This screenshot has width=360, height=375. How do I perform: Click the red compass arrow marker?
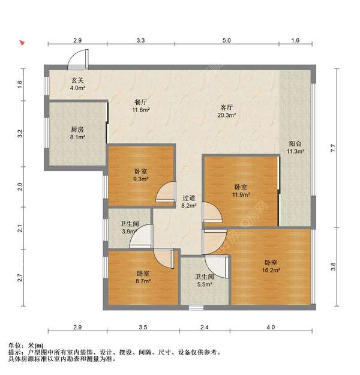22,43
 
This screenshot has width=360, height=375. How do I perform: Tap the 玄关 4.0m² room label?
78,84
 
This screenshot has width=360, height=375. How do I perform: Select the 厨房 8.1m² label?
78,133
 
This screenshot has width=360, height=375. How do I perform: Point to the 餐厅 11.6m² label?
141,106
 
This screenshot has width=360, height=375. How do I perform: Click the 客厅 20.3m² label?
227,111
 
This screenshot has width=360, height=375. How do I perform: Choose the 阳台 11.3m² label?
295,148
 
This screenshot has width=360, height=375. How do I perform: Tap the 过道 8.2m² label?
189,202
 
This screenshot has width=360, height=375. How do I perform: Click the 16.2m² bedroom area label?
271,266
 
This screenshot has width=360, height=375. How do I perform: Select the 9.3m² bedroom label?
141,175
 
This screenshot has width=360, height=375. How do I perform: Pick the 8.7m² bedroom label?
143,277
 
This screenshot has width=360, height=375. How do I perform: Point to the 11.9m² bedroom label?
241,191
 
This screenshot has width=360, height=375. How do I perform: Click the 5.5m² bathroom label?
205,281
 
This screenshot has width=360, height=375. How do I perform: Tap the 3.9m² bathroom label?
130,227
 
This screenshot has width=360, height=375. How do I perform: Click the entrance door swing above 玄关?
78,59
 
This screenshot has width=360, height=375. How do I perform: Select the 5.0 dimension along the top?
227,40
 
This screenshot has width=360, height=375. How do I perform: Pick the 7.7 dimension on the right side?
334,148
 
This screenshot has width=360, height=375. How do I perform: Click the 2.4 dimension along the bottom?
205,327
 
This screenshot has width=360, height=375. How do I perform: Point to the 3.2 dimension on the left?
20,133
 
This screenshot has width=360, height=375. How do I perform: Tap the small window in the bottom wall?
196,308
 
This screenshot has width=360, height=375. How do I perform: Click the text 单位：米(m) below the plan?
26,346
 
